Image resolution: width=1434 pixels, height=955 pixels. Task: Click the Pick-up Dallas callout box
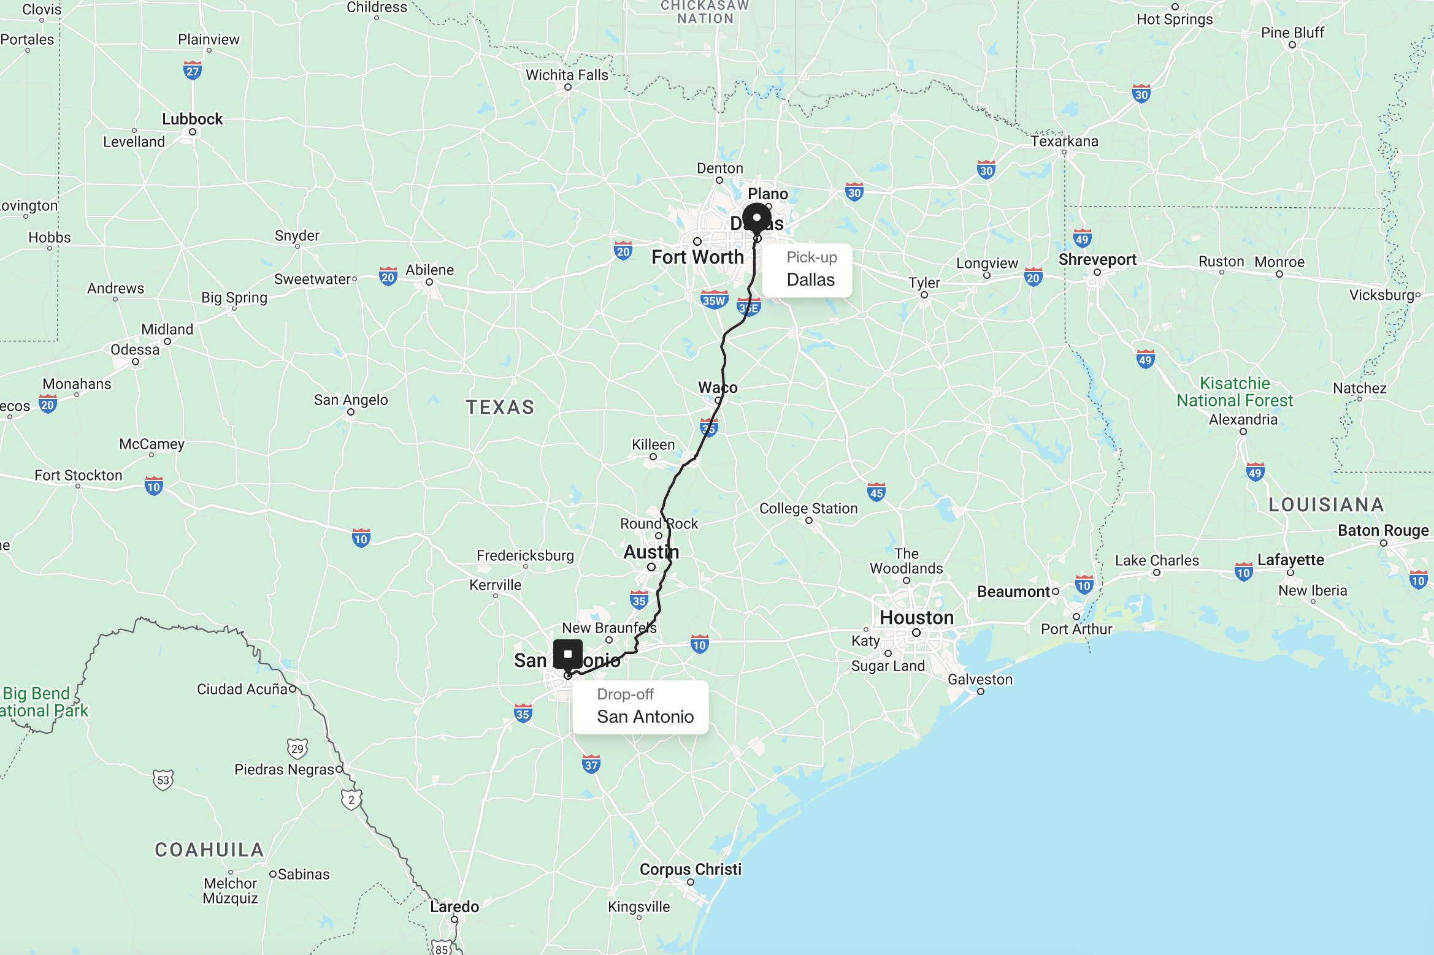point(807,270)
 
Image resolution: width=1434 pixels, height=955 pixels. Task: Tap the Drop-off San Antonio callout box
point(640,707)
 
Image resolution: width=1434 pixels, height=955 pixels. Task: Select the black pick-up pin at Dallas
point(757,219)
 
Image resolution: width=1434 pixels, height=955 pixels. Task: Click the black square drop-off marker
point(568,654)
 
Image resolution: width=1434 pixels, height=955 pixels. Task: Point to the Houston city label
point(916,617)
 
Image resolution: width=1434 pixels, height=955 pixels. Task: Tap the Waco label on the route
point(718,387)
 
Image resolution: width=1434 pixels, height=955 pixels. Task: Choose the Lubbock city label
point(192,119)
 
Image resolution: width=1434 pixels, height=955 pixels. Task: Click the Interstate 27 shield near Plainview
point(193,70)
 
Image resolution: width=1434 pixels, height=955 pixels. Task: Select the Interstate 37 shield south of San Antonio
point(591,764)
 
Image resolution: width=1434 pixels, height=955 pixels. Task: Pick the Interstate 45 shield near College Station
point(876,492)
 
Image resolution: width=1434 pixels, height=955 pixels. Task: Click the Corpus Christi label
point(690,869)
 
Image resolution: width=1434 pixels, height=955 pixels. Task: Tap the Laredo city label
point(454,907)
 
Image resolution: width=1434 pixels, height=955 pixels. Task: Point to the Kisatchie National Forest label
point(1234,392)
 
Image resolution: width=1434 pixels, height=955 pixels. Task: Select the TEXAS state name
point(500,407)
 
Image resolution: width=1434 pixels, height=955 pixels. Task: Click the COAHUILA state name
point(209,850)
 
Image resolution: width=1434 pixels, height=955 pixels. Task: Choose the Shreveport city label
point(1097,259)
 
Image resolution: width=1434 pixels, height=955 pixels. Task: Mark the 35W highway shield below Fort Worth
point(714,300)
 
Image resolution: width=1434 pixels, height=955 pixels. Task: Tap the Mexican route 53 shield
point(163,780)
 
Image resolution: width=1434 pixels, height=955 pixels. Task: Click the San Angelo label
point(351,400)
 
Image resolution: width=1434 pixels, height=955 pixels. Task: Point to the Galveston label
point(980,679)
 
